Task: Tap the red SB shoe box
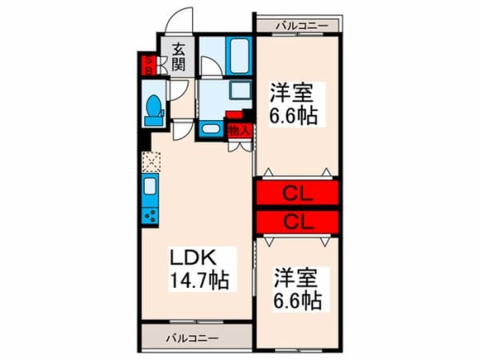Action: [x=148, y=66]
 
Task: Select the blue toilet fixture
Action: [x=154, y=110]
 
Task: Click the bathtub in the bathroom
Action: [x=238, y=56]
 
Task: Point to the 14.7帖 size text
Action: [x=199, y=281]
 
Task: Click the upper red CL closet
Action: [x=298, y=193]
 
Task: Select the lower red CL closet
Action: [x=298, y=222]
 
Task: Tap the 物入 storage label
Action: [x=239, y=130]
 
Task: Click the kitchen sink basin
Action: [x=150, y=186]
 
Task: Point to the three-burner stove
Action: [x=150, y=216]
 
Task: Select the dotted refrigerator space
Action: [x=151, y=162]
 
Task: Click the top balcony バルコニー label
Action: [x=302, y=26]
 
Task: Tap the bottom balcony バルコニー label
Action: [x=192, y=338]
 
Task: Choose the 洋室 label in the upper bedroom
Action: [x=291, y=93]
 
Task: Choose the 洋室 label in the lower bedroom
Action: [x=295, y=278]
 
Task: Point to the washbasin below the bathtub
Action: [x=241, y=90]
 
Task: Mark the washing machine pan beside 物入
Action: [x=211, y=129]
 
